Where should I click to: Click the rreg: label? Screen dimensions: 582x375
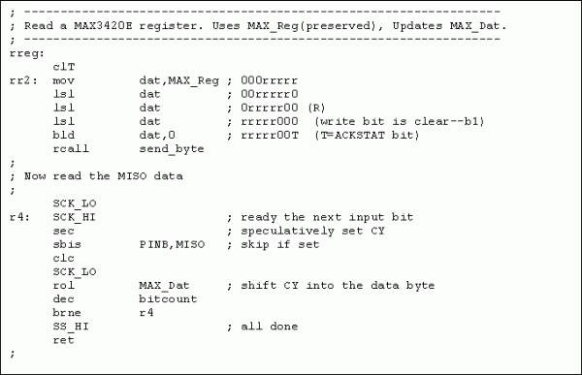27,54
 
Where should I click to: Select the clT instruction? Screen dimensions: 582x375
64,67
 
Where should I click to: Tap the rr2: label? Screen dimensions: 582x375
23,80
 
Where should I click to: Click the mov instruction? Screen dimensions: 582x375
63,80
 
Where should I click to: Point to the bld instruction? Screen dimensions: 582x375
63,135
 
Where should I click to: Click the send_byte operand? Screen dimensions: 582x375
172,149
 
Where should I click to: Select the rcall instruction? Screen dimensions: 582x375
71,148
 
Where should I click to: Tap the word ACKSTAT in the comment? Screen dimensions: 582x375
360,135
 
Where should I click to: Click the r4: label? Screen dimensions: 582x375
19,217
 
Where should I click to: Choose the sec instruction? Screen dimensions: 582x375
63,231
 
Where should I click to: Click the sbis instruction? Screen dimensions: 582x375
67,244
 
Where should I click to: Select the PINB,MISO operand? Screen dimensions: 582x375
172,244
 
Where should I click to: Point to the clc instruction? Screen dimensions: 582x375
63,258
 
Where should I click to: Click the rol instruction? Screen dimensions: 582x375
63,285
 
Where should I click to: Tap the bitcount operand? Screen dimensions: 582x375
168,299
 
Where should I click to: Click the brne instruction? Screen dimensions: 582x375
67,313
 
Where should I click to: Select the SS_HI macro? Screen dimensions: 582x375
71,327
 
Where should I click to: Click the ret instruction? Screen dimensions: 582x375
63,340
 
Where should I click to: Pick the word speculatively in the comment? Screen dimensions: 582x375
288,231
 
